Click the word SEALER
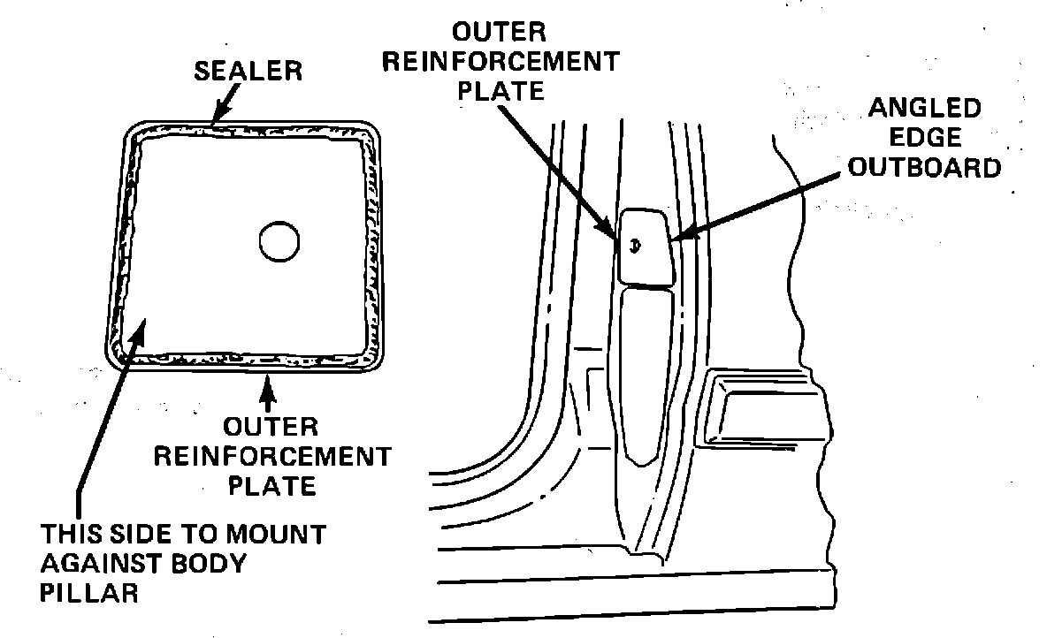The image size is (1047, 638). click(x=248, y=71)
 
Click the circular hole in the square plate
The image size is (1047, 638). click(x=279, y=239)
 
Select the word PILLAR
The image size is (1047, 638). click(x=90, y=593)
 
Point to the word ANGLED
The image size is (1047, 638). click(x=924, y=109)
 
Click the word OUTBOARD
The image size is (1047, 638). click(x=924, y=167)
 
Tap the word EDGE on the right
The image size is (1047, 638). click(x=924, y=138)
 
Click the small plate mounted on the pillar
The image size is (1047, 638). click(x=645, y=247)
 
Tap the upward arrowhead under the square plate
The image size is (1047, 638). click(x=271, y=381)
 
